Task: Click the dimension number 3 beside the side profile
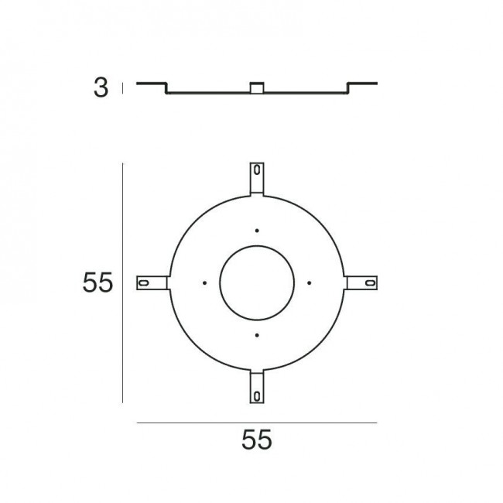point(101,88)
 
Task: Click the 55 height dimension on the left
point(98,283)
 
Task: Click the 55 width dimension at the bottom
point(256,440)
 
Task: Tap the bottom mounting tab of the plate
point(256,388)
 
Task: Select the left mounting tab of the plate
point(152,283)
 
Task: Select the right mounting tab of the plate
point(361,283)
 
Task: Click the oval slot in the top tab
point(256,171)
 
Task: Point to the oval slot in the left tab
point(145,283)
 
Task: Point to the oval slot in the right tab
point(368,283)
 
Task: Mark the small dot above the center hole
point(256,230)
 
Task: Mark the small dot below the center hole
point(256,335)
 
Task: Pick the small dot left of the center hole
point(204,282)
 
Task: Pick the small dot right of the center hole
point(309,282)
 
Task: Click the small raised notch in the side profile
point(256,87)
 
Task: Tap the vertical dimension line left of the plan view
point(123,283)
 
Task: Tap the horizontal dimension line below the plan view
point(256,423)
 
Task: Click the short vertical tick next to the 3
point(121,89)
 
